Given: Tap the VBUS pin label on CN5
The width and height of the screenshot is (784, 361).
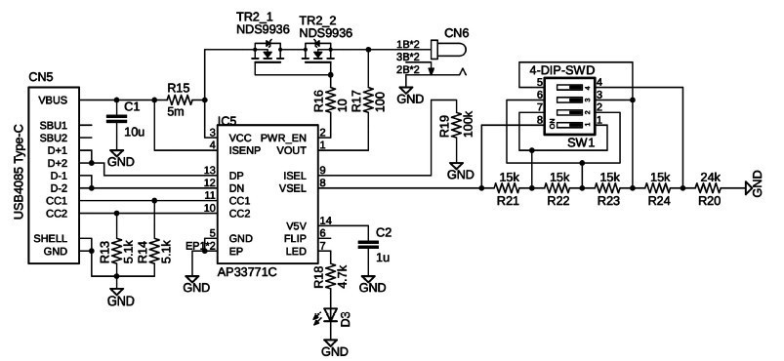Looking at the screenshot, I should click(53, 100).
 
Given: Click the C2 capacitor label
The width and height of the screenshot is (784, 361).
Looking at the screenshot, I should click(384, 231).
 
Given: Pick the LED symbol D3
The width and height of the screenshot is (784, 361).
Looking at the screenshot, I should click(330, 315).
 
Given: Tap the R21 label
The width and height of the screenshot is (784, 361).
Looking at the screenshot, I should click(508, 201).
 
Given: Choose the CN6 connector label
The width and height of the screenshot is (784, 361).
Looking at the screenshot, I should click(455, 32).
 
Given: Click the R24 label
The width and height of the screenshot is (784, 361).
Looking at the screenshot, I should click(660, 201).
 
